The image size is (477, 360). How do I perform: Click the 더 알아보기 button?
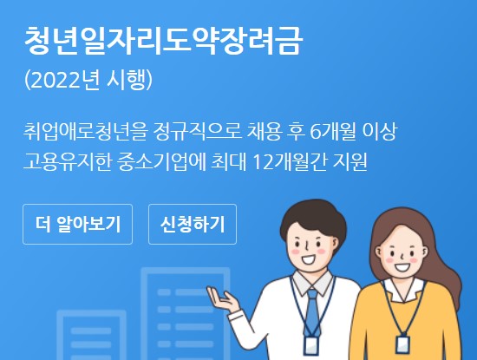(77, 225)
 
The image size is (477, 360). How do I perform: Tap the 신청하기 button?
(193, 225)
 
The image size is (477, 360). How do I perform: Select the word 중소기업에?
(172, 162)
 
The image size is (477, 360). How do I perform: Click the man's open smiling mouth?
(306, 255)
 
